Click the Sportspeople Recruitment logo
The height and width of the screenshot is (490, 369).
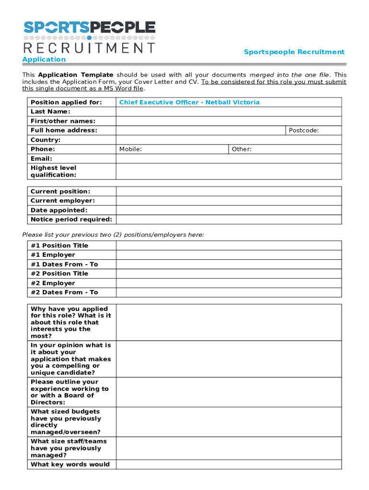point(90,37)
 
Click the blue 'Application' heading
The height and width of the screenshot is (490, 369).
point(45,59)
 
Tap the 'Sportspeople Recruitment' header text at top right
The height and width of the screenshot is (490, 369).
point(294,52)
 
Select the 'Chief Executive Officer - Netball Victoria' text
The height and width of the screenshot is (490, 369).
point(189,102)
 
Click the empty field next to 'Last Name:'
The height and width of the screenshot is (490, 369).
point(229,111)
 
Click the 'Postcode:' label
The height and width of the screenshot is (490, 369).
point(303,130)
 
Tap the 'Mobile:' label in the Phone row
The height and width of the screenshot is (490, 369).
point(130,149)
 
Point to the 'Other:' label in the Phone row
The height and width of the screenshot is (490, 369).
point(242,149)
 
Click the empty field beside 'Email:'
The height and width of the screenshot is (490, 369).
point(229,158)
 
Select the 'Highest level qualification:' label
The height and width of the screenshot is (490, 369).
point(53,171)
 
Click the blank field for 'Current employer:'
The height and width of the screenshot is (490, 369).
point(229,201)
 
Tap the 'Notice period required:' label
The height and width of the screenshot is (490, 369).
point(71,220)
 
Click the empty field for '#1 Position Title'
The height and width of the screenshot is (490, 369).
point(229,245)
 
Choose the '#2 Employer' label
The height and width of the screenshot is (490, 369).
point(53,283)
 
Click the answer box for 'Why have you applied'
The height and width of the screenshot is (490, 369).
point(229,322)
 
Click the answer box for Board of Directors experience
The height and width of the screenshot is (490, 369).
point(229,392)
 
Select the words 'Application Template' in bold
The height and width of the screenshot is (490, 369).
point(76,75)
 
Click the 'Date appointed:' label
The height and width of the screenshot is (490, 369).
point(59,210)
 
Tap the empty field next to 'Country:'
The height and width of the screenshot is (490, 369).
point(229,140)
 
